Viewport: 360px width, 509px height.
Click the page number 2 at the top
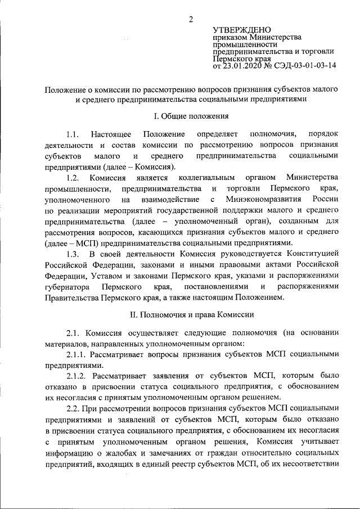click(191, 20)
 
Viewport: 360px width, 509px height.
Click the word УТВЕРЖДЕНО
click(241, 30)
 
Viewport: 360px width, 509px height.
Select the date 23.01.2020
click(244, 65)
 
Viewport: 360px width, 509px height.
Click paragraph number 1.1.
click(74, 134)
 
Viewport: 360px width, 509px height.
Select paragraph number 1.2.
click(74, 178)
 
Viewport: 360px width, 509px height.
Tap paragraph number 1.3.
click(74, 254)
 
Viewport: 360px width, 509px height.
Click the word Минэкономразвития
click(258, 200)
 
